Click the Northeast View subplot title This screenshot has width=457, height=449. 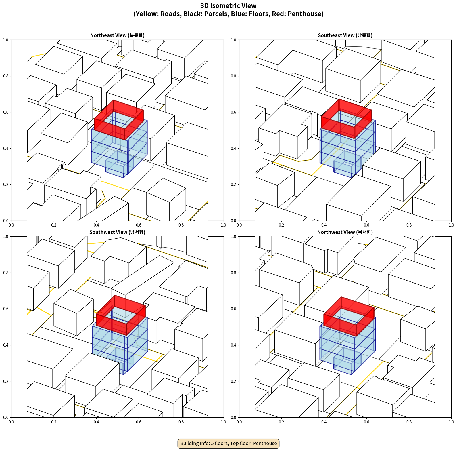[117, 35]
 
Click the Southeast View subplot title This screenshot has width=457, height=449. [345, 35]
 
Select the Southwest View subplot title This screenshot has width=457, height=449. [117, 232]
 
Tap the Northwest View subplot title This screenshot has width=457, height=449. [345, 232]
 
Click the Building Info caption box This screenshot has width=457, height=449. [228, 443]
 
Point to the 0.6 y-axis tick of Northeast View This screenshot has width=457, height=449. [6, 112]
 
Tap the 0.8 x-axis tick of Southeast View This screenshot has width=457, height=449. [409, 225]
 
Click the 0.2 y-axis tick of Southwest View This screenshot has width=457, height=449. [6, 381]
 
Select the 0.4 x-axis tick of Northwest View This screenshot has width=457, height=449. [324, 422]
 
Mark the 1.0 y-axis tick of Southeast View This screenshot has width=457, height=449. [233, 40]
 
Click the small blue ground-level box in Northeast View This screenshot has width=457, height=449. [116, 168]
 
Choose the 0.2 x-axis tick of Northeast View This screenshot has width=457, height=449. [54, 225]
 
